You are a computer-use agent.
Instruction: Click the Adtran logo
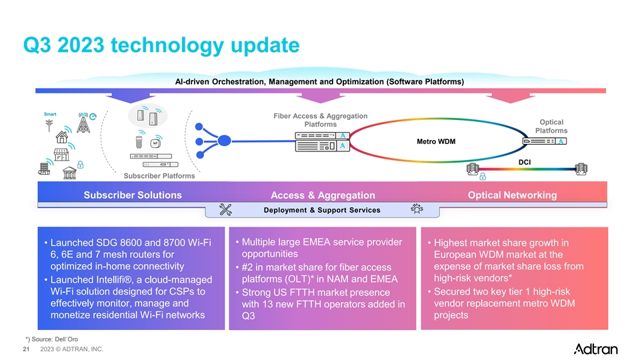(595, 349)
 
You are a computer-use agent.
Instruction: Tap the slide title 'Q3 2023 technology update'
(161, 45)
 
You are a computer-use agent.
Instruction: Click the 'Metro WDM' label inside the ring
(436, 141)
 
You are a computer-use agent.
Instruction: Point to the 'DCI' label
(525, 162)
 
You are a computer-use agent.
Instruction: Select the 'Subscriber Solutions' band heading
(133, 195)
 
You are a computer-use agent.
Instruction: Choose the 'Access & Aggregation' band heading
(323, 195)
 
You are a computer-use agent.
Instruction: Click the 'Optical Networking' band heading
(512, 195)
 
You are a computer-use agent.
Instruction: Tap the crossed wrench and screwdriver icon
(225, 210)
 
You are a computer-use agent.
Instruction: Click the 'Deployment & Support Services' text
(322, 210)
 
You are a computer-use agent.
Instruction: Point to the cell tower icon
(83, 123)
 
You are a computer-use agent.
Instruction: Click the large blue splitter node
(224, 141)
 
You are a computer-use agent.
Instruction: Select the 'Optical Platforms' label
(551, 126)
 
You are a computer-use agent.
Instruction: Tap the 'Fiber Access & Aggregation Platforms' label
(321, 120)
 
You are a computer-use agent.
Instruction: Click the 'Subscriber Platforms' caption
(159, 176)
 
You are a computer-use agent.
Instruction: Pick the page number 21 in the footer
(26, 349)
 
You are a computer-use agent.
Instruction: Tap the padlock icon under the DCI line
(483, 176)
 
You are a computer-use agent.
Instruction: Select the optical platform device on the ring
(545, 141)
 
